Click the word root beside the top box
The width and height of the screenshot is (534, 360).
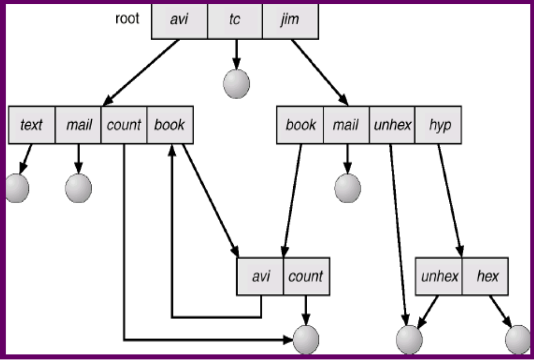tap(127, 19)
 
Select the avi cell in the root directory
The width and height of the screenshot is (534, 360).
tap(180, 20)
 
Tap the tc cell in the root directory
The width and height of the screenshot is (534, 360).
tap(235, 20)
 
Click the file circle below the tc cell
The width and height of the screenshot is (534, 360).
tap(236, 84)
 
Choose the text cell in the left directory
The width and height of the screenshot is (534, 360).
tap(32, 125)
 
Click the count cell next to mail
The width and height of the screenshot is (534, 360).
tap(123, 125)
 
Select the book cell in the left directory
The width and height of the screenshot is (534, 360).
tap(169, 125)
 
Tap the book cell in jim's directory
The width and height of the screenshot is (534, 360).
tap(300, 125)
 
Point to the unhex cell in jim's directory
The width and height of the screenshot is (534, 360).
tap(392, 125)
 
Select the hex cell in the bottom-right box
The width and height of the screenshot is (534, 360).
tap(487, 276)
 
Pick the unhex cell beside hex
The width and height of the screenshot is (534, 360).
tap(440, 276)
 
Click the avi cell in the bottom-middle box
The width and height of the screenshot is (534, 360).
tap(260, 276)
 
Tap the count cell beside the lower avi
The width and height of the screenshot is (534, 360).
tap(306, 276)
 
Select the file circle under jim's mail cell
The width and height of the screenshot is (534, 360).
tap(347, 188)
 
